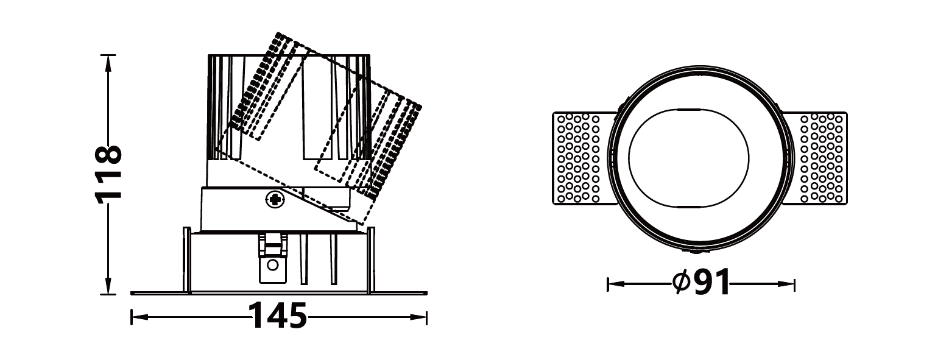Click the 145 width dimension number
278,317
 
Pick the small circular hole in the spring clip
273,265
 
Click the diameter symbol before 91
680,281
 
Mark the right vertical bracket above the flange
371,259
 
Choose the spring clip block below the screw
273,259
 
